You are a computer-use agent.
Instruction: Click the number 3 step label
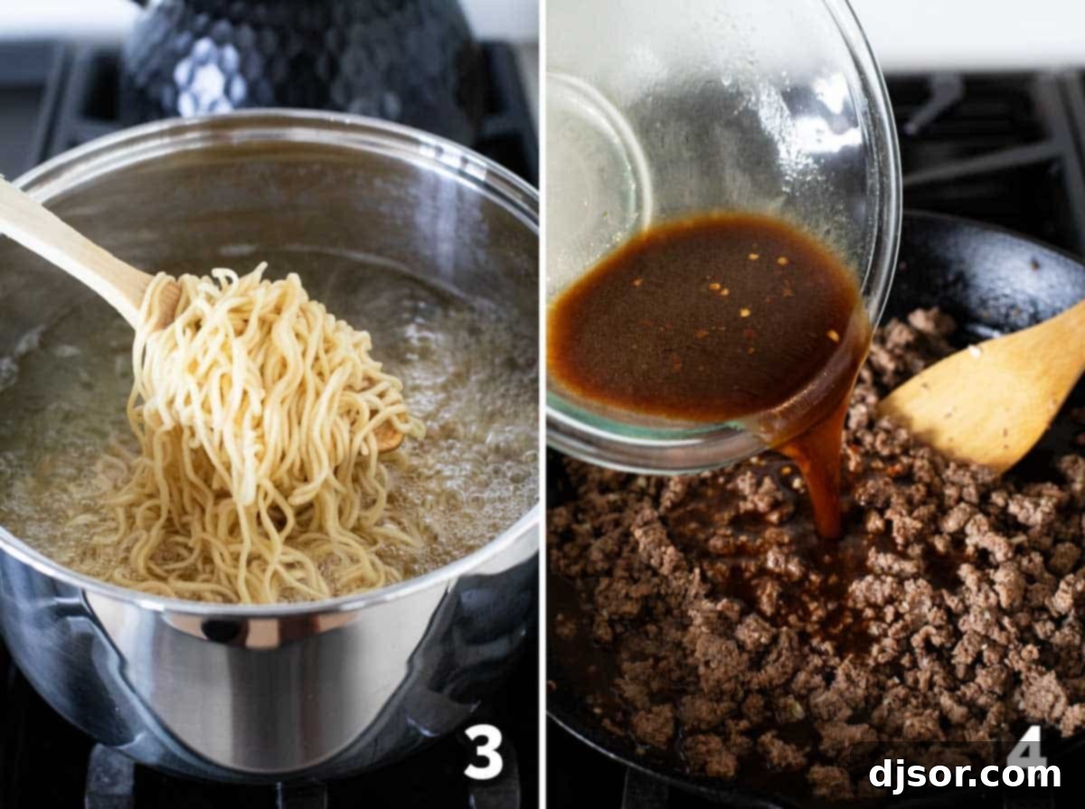click(x=484, y=753)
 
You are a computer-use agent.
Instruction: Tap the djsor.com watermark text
click(x=965, y=776)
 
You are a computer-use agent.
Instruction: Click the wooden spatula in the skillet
click(x=986, y=389)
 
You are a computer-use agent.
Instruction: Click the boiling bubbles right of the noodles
click(x=470, y=425)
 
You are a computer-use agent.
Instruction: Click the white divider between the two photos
click(x=542, y=407)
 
